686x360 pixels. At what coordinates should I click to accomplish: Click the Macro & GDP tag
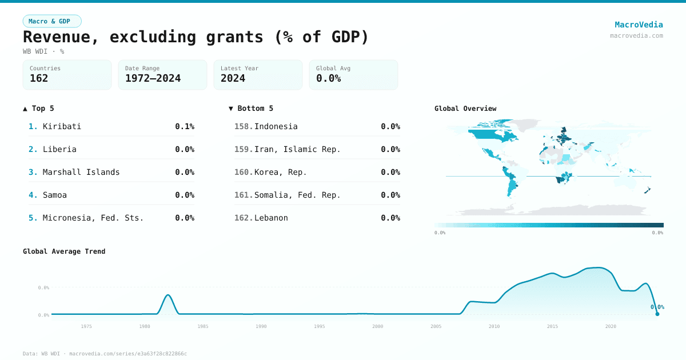(x=52, y=21)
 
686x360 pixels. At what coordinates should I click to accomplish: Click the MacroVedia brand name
(x=639, y=25)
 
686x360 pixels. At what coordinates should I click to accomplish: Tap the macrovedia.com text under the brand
(x=636, y=35)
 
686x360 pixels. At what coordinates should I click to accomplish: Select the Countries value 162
(x=39, y=78)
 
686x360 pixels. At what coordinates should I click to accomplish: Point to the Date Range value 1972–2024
(x=153, y=78)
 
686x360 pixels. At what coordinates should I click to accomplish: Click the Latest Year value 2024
(x=233, y=78)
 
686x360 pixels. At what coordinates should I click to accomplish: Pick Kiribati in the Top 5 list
(x=62, y=126)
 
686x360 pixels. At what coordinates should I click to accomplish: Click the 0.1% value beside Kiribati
(x=185, y=126)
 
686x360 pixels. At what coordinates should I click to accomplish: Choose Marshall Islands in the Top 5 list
(x=81, y=172)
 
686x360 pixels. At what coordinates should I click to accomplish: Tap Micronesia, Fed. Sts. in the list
(x=93, y=218)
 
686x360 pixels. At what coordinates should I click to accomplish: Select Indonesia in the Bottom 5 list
(x=276, y=126)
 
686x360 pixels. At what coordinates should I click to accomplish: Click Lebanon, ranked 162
(x=271, y=218)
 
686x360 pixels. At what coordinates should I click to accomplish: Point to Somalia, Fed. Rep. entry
(x=297, y=195)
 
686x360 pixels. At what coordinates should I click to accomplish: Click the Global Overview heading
(x=465, y=109)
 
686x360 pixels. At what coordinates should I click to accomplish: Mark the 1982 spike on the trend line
(x=168, y=295)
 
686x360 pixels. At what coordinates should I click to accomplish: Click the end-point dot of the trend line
(x=657, y=314)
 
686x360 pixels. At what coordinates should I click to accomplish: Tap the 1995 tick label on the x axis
(x=320, y=326)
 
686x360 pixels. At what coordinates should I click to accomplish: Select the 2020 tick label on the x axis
(x=611, y=326)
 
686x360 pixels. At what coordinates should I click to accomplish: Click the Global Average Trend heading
(x=64, y=251)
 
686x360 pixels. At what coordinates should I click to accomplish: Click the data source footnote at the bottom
(x=105, y=354)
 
